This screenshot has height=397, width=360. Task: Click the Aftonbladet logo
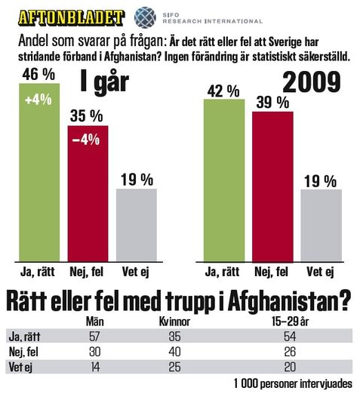click(71, 17)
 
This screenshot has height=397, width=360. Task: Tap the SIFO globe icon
click(145, 17)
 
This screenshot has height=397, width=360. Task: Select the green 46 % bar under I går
click(39, 172)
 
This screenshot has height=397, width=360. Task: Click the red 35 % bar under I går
click(88, 193)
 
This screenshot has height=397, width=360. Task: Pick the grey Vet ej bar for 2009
click(322, 226)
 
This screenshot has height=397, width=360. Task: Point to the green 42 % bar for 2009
click(224, 180)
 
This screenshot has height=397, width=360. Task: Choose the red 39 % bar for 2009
click(272, 186)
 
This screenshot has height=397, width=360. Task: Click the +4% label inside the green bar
click(38, 100)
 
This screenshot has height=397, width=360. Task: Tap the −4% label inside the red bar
click(86, 140)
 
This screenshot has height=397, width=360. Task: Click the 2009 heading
click(312, 82)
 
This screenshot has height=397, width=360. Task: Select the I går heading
click(104, 82)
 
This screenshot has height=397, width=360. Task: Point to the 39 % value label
click(272, 103)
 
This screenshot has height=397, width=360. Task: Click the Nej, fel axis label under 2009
click(271, 272)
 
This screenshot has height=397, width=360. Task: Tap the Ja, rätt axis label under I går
click(38, 272)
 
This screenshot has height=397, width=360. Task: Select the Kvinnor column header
click(174, 322)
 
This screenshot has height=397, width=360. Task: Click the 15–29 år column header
click(291, 322)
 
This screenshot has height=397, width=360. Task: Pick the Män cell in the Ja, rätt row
click(94, 337)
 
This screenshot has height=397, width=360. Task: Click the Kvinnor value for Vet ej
click(174, 367)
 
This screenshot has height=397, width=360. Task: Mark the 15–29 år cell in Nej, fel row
click(290, 352)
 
